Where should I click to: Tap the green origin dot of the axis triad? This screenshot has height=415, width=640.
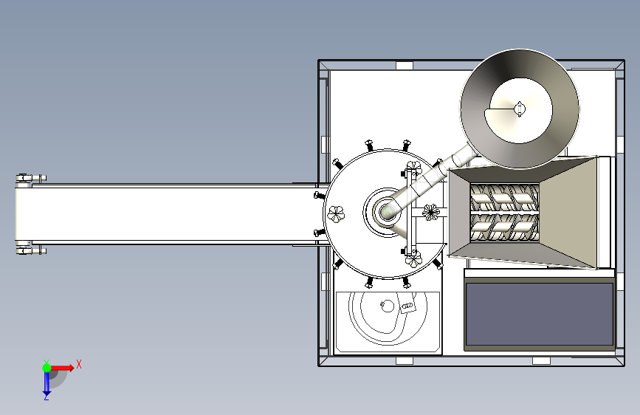click(46, 367)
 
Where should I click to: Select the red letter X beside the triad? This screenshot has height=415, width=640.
click(78, 364)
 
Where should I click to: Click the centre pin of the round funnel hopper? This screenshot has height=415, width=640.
click(520, 109)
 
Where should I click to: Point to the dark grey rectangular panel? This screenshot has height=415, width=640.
click(539, 315)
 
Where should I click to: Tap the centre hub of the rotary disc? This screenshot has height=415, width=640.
click(386, 212)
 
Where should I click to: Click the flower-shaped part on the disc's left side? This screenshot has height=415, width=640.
click(336, 214)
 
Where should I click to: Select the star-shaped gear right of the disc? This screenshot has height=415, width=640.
click(430, 213)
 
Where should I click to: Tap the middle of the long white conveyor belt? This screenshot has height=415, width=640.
click(170, 213)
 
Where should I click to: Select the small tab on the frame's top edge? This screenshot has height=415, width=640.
click(404, 65)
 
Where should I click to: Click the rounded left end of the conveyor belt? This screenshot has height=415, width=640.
click(18, 213)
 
